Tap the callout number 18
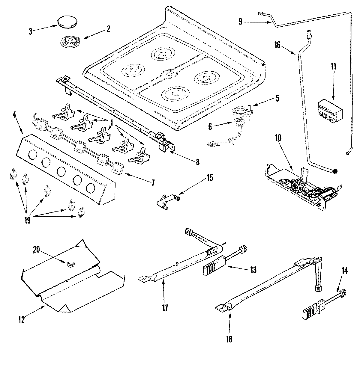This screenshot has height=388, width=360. (x=229, y=339)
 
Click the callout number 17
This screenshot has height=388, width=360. (x=165, y=308)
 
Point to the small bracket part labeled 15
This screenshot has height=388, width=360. (x=168, y=201)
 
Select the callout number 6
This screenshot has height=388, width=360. (x=210, y=127)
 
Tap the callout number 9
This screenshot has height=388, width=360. (x=240, y=22)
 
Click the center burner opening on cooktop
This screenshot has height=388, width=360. (x=170, y=73)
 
